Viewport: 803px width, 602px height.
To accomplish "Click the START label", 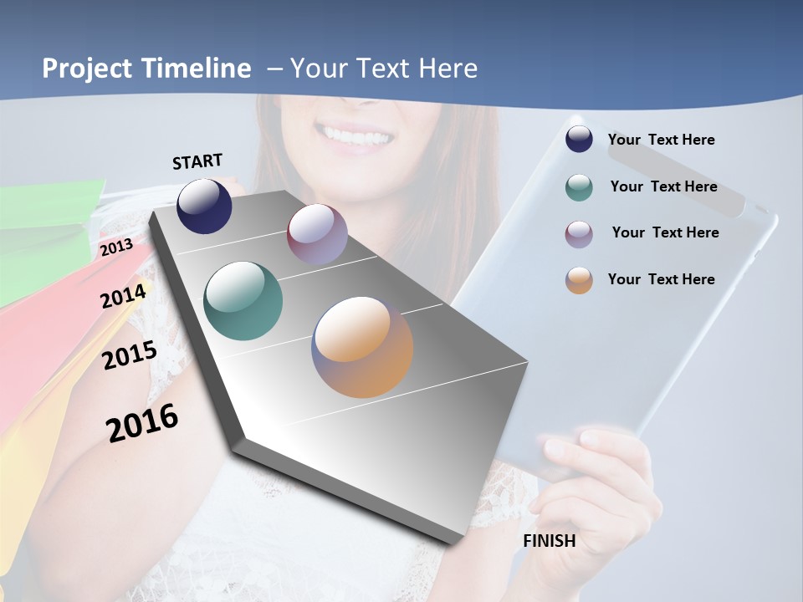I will [197, 161].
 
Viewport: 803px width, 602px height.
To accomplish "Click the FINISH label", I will [550, 541].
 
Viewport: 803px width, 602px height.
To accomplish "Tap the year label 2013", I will [116, 247].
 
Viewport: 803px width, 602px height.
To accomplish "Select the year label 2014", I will [124, 296].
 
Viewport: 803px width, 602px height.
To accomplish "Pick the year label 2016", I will [143, 422].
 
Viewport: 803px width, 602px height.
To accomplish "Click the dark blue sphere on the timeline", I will [204, 206].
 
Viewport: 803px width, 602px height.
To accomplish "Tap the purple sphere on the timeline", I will [317, 234].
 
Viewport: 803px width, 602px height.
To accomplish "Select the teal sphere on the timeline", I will [243, 301].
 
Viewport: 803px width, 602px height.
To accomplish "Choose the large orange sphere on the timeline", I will [362, 347].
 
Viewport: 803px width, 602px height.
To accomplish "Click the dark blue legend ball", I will [579, 140].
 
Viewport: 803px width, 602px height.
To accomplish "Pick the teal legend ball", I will [579, 187].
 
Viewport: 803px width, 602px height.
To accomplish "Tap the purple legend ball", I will [579, 234].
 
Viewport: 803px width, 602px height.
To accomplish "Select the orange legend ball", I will [579, 280].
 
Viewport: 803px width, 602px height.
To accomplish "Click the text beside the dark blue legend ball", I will [662, 140].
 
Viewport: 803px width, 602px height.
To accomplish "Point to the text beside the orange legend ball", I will [662, 279].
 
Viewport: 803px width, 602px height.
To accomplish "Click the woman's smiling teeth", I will [356, 135].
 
